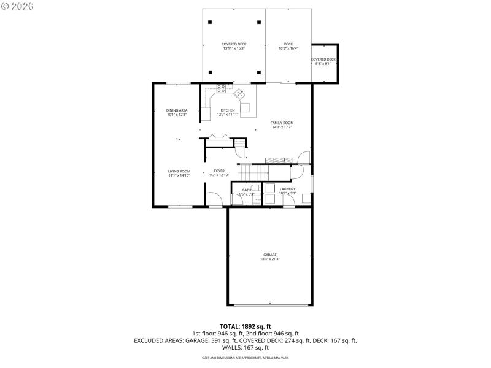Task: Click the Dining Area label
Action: pyautogui.click(x=176, y=110)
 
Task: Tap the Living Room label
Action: pyautogui.click(x=179, y=171)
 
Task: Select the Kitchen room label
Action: pyautogui.click(x=227, y=110)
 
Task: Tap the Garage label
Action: pyautogui.click(x=270, y=255)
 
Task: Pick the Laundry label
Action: pyautogui.click(x=288, y=189)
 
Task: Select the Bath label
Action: pyautogui.click(x=246, y=190)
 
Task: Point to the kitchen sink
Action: pyautogui.click(x=240, y=94)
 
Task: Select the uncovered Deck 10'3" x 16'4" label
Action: pyautogui.click(x=288, y=44)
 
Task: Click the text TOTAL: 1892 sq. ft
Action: pyautogui.click(x=245, y=326)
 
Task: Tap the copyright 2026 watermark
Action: pyautogui.click(x=18, y=6)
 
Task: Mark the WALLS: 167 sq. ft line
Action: pyautogui.click(x=245, y=347)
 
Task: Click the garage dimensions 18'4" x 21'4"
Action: pyautogui.click(x=270, y=259)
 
